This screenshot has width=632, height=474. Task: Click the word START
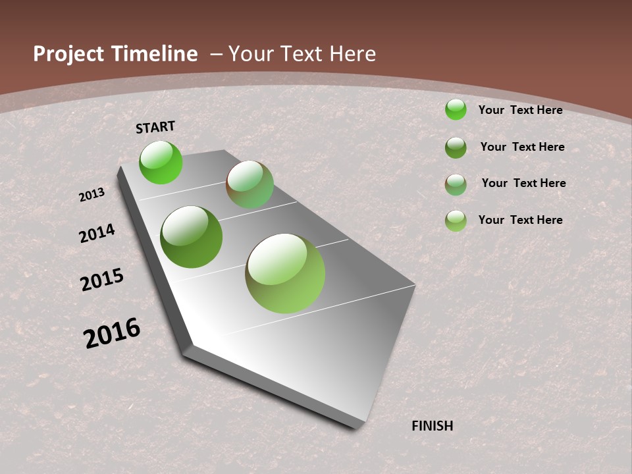(155, 127)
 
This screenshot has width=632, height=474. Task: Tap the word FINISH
(432, 426)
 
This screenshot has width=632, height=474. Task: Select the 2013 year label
(92, 195)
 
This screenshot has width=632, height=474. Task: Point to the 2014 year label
(97, 234)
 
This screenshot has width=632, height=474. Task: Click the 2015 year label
(102, 280)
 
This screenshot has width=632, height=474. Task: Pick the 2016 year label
(112, 333)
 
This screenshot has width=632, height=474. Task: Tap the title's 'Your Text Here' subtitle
(302, 54)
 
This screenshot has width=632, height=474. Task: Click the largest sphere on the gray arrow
(285, 273)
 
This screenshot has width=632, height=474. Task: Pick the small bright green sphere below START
(161, 162)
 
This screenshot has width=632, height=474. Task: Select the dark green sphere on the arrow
(192, 237)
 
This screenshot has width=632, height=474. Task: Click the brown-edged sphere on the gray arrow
(250, 184)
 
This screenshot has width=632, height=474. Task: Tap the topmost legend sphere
(456, 109)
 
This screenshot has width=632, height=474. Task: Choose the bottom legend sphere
(456, 221)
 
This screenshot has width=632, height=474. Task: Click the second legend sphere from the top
(456, 147)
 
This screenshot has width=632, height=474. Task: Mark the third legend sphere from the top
(456, 184)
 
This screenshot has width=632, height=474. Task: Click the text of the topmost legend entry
(520, 110)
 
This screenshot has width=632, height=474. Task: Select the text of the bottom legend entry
(520, 220)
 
